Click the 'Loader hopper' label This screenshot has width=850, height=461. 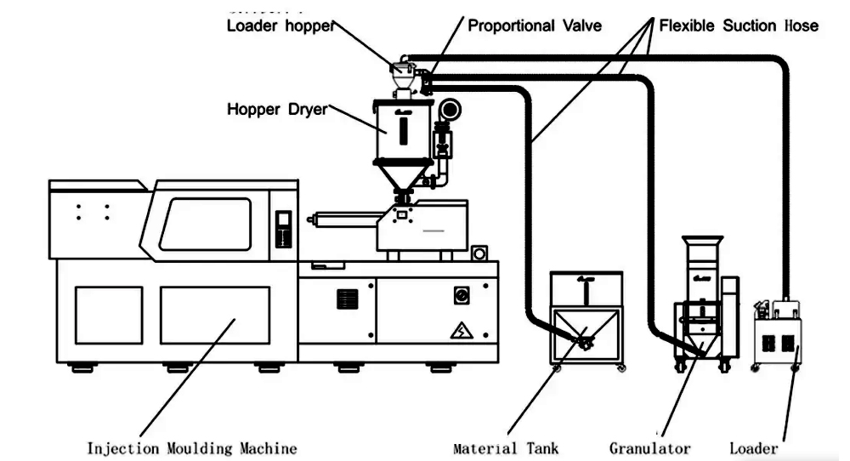click(x=278, y=26)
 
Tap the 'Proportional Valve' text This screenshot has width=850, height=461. click(x=535, y=26)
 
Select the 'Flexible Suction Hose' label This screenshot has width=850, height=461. click(x=728, y=26)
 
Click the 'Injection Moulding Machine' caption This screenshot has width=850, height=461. click(x=192, y=447)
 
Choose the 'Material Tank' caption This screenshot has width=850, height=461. click(x=507, y=447)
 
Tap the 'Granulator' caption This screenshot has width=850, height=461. click(x=650, y=447)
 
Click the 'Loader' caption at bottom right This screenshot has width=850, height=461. click(x=754, y=447)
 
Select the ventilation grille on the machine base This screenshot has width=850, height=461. click(x=347, y=299)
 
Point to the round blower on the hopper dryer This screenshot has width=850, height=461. click(x=447, y=111)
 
